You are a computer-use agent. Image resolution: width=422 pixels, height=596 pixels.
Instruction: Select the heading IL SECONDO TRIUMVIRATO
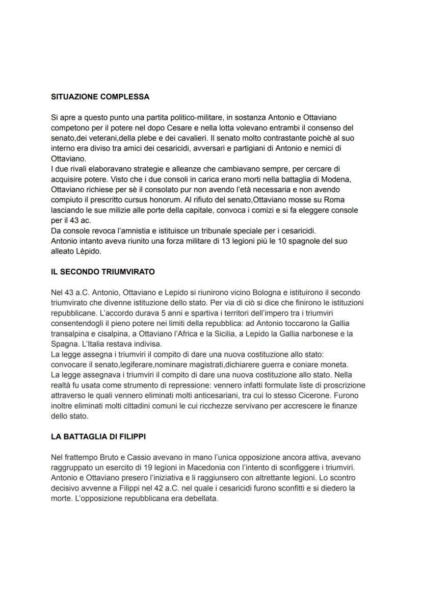pos(103,272)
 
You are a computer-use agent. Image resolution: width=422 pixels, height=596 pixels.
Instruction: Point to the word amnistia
pos(146,230)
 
